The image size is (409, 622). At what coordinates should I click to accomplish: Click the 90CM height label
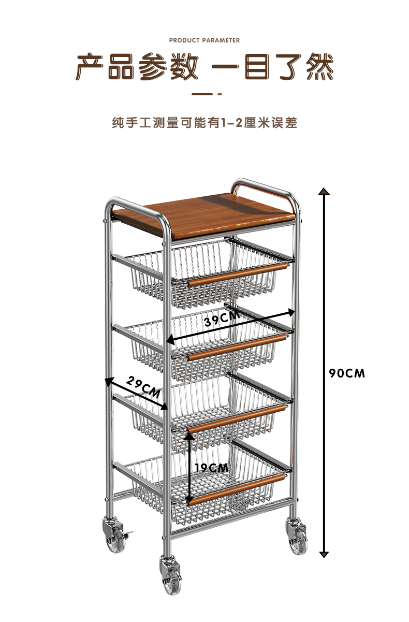point(347,373)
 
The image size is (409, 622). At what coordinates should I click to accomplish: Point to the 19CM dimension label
point(212,468)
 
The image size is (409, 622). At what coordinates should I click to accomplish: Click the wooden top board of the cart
point(217,213)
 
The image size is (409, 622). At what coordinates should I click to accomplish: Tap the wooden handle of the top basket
point(238,274)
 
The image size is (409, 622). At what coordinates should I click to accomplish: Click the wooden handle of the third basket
point(238,418)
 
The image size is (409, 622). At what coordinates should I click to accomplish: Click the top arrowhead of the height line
point(324,192)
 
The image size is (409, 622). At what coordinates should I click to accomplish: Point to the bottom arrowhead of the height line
point(324,554)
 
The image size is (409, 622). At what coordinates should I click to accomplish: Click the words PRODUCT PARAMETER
point(204,40)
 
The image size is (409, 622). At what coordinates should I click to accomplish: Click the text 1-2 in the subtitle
point(232,123)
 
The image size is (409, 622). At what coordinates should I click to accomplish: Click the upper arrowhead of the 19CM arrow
point(191,436)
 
